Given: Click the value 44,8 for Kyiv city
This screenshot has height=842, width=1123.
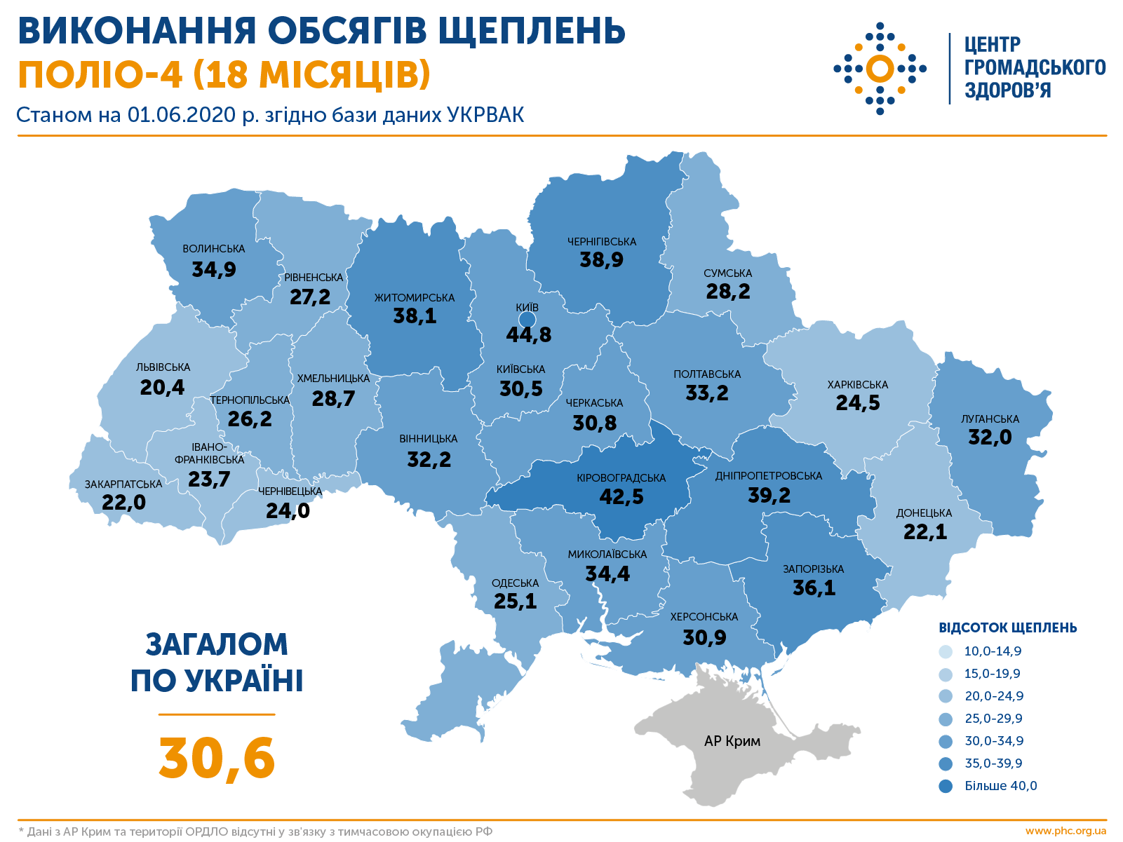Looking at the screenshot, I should tap(529, 334).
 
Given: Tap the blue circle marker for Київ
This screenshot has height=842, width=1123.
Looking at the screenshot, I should tap(527, 320).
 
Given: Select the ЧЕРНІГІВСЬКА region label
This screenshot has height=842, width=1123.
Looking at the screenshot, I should tap(601, 241).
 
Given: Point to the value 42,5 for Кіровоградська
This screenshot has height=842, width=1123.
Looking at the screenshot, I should tap(621, 496).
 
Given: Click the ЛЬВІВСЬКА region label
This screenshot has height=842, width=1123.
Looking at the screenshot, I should tap(163, 367).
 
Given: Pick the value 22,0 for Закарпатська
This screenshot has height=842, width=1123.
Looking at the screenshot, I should tap(123, 502).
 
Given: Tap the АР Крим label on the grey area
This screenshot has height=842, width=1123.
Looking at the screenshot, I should tap(732, 741).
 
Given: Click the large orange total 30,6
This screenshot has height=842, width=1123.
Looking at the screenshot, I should tap(217, 758).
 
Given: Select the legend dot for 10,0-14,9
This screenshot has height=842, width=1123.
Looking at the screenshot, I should tap(946, 651).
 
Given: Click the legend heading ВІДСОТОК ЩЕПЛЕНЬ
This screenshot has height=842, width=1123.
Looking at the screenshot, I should tap(1007, 627).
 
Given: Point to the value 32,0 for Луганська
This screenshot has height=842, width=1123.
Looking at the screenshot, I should tap(990, 437).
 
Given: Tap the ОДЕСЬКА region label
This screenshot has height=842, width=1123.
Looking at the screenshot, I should tap(516, 583).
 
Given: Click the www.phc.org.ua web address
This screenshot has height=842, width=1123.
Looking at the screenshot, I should tap(1065, 831).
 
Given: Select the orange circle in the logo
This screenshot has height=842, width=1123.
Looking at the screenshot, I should tap(880, 68).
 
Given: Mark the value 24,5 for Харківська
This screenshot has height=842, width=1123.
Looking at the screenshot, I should tap(857, 403).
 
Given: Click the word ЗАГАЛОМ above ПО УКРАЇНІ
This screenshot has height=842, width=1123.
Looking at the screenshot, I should tap(217, 644).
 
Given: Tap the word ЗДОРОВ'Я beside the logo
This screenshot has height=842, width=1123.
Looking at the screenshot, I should tap(1007, 90).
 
